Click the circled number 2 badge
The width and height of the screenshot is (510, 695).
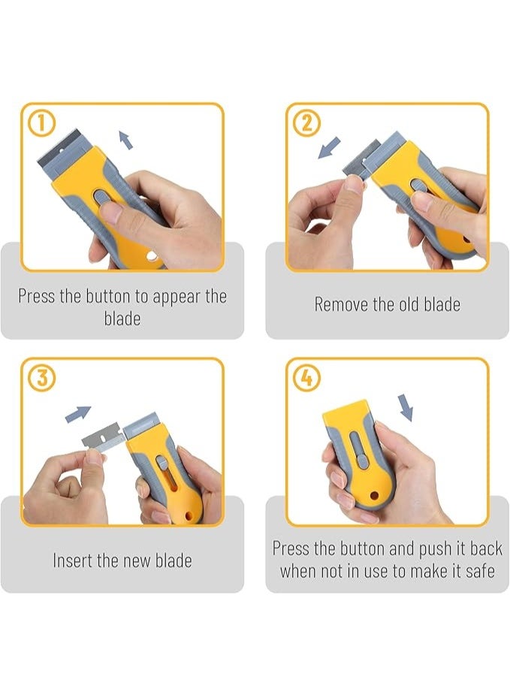306,122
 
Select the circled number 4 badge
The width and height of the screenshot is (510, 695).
306,379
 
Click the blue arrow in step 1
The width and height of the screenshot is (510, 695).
125,139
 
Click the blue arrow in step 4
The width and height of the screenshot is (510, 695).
406,408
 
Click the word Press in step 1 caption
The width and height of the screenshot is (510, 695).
37,296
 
